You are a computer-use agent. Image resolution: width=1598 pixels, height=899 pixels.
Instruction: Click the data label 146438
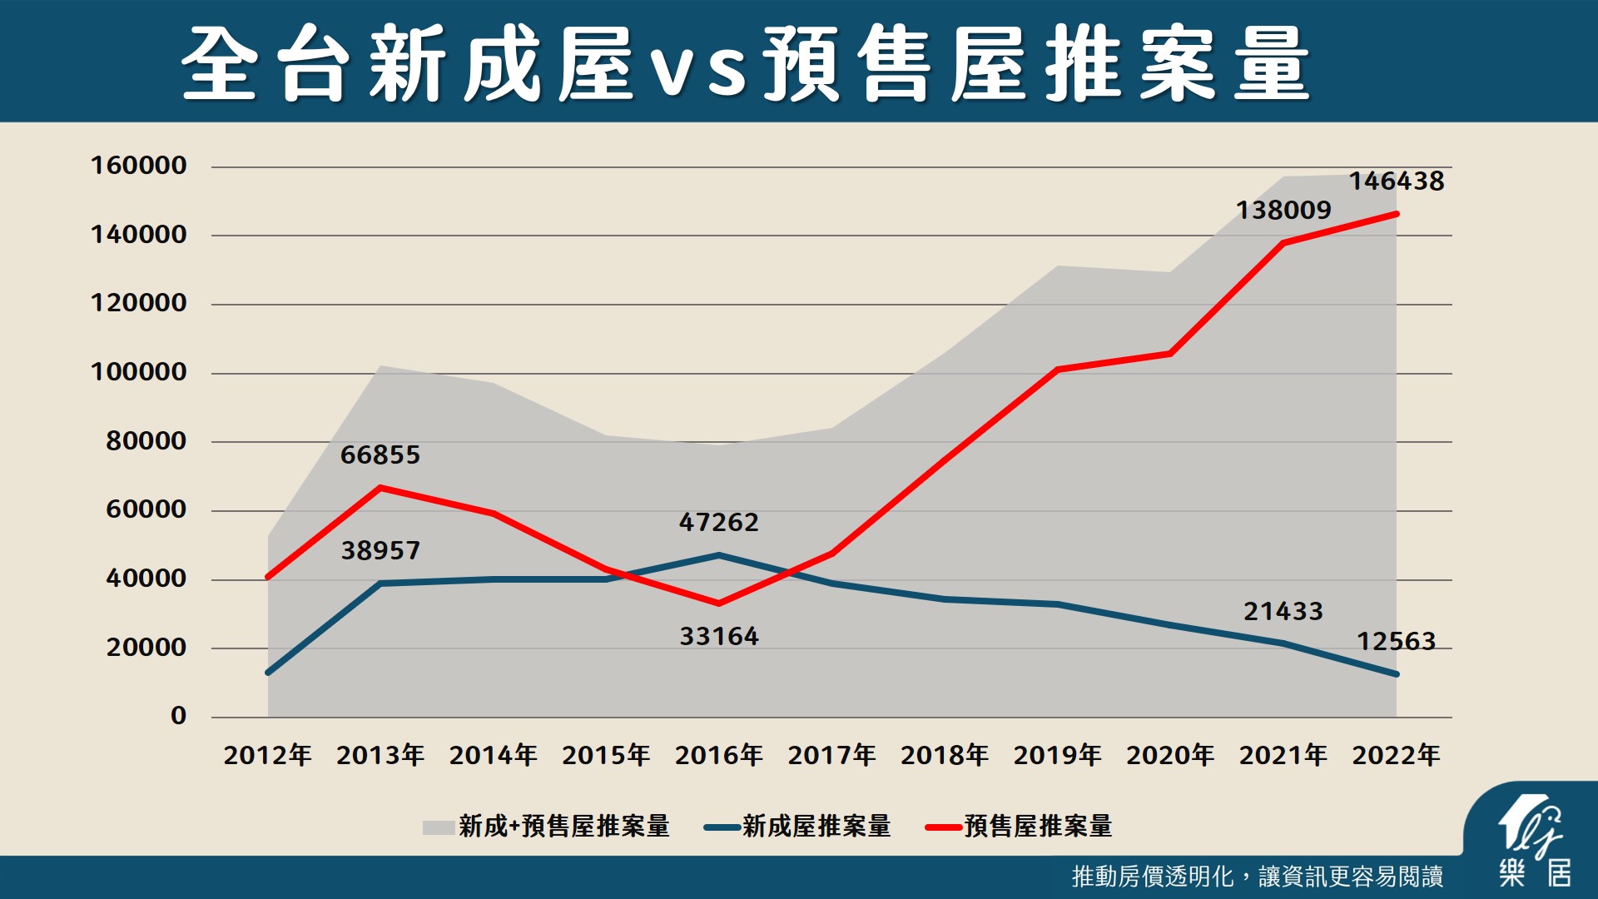click(x=1396, y=181)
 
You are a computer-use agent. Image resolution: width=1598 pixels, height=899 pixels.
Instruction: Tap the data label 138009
click(x=1283, y=210)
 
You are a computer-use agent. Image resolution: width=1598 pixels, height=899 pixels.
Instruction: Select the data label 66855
click(x=380, y=454)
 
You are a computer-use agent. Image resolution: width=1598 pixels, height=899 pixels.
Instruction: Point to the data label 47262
click(x=718, y=522)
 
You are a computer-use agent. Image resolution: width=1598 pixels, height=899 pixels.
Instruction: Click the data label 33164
click(x=718, y=636)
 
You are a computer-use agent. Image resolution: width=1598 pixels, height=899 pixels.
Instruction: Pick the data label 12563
click(x=1396, y=641)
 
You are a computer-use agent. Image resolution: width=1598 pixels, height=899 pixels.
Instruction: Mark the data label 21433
click(x=1283, y=611)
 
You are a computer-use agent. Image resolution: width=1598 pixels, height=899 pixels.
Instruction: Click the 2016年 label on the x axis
click(x=718, y=755)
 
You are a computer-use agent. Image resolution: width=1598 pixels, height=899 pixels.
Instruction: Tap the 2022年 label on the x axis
click(x=1396, y=755)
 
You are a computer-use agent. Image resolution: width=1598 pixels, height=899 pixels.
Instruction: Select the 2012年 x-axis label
click(x=267, y=755)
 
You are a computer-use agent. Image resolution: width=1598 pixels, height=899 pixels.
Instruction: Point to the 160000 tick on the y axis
click(x=138, y=165)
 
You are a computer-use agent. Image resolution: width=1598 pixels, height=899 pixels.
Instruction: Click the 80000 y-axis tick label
click(x=146, y=440)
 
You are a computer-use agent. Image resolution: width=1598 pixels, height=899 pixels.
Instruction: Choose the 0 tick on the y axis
click(x=178, y=715)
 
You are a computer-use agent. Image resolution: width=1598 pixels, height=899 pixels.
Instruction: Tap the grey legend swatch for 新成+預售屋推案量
click(x=439, y=827)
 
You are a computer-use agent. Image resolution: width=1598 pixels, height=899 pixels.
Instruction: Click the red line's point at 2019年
click(x=1057, y=369)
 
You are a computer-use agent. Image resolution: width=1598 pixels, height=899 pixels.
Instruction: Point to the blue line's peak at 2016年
click(x=718, y=555)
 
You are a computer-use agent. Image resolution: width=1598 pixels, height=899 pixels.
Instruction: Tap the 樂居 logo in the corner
click(x=1534, y=841)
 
